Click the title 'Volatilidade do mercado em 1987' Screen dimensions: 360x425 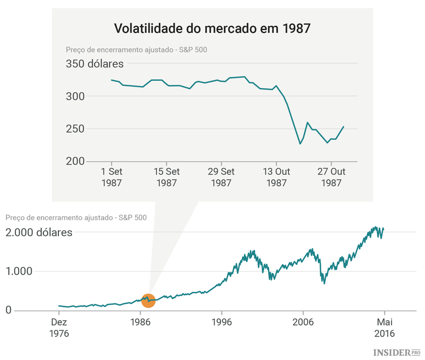pyautogui.click(x=212, y=28)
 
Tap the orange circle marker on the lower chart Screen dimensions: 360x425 pyautogui.click(x=148, y=301)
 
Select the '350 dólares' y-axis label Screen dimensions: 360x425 pyautogui.click(x=95, y=64)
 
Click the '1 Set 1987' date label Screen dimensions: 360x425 pyautogui.click(x=111, y=177)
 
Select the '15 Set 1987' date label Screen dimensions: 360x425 pyautogui.click(x=166, y=177)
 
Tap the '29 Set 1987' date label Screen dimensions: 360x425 pyautogui.click(x=221, y=177)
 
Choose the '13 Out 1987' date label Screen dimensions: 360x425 pyautogui.click(x=276, y=177)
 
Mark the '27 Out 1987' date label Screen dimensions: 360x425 pyautogui.click(x=331, y=177)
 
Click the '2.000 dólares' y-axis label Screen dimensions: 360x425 pyautogui.click(x=39, y=232)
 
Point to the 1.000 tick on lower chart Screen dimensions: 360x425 pyautogui.click(x=19, y=271)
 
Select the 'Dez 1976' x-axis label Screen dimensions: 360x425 pyautogui.click(x=59, y=328)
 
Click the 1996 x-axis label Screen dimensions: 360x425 pyautogui.click(x=222, y=322)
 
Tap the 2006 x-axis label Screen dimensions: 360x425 pyautogui.click(x=303, y=322)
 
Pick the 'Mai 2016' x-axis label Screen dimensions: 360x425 pyautogui.click(x=385, y=328)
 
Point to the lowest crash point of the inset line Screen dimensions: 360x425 pyautogui.click(x=300, y=144)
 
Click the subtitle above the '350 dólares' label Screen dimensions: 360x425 pyautogui.click(x=136, y=49)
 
